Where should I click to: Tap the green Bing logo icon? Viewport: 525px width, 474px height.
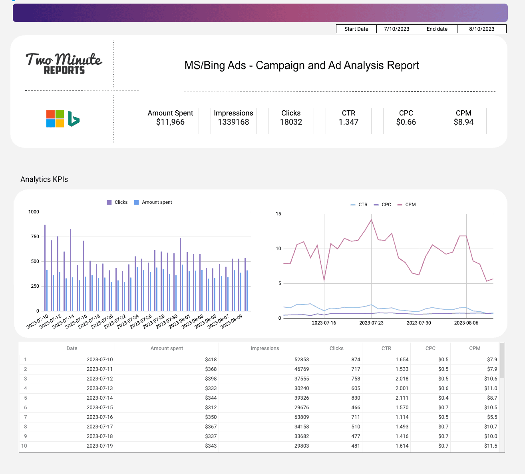click(74, 119)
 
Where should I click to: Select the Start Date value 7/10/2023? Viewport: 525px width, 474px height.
click(396, 29)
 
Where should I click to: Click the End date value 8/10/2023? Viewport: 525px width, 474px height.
click(481, 29)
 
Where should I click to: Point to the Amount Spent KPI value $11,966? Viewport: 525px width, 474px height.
click(170, 122)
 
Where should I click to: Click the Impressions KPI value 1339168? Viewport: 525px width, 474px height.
click(233, 122)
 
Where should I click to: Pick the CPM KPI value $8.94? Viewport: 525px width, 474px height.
click(463, 122)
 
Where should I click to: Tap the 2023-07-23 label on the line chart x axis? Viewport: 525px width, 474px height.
click(371, 323)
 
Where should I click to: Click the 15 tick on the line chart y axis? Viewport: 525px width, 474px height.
click(278, 214)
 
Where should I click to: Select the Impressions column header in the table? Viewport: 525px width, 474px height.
click(264, 349)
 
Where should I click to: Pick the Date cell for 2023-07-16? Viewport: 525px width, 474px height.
click(99, 417)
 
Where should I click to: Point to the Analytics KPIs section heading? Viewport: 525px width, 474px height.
click(44, 179)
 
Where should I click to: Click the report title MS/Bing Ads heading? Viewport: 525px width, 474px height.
click(302, 66)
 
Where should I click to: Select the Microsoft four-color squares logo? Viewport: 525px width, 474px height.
click(55, 119)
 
